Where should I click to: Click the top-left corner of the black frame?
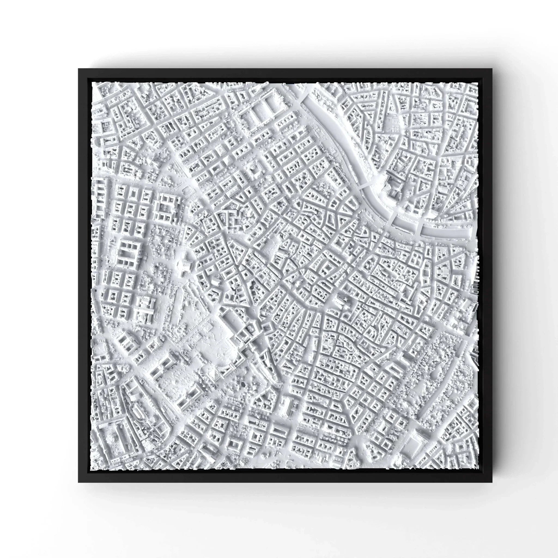tap(79, 69)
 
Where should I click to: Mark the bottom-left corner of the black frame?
tap(79, 482)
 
